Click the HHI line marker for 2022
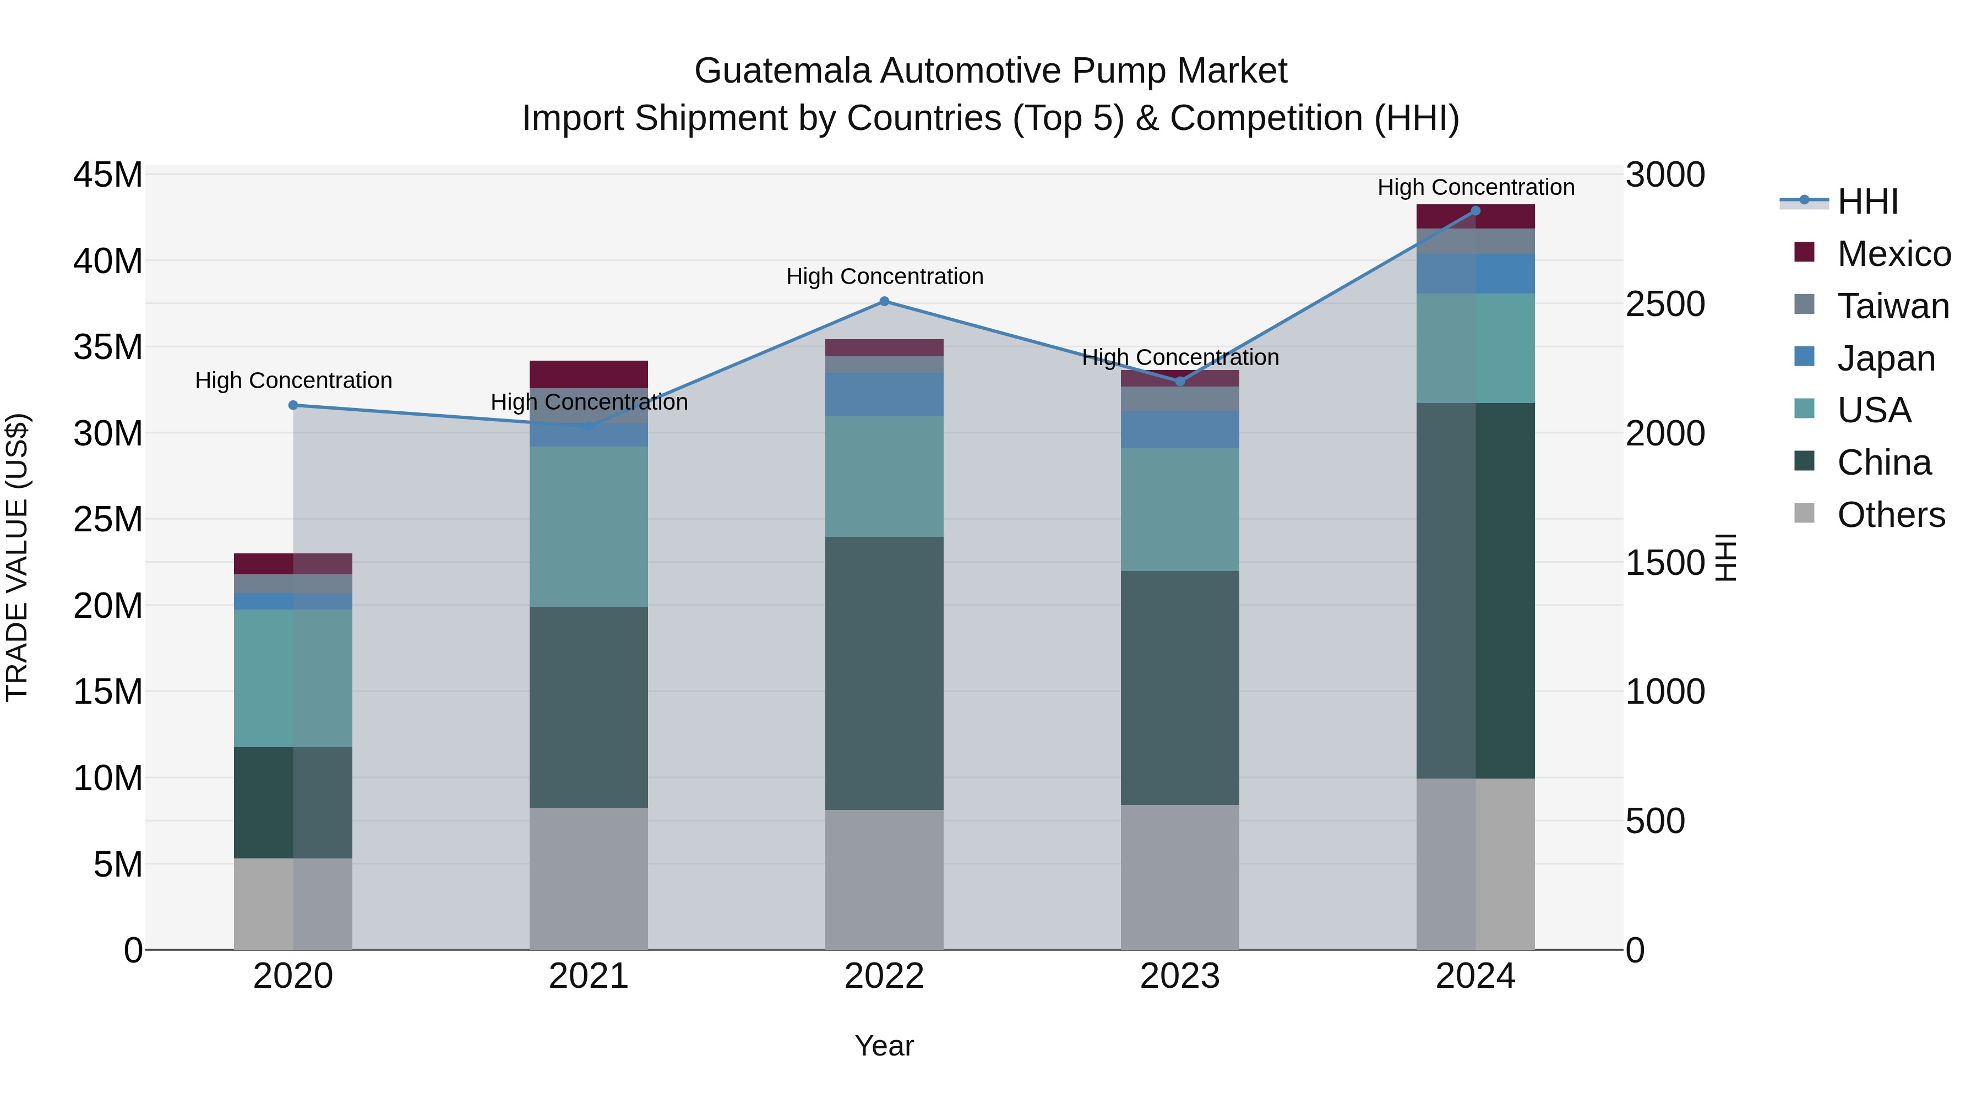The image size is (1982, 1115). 884,302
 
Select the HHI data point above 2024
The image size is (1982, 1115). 1475,211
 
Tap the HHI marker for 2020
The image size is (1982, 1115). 293,405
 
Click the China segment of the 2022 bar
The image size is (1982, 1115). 884,673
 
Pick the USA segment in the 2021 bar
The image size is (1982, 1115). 589,527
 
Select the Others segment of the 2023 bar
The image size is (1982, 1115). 1179,877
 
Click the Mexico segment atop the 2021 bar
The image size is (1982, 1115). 589,374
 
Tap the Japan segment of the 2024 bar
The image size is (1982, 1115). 1475,274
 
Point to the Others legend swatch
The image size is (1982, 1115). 1804,513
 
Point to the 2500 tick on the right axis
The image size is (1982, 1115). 1665,304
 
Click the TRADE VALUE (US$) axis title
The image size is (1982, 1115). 17,557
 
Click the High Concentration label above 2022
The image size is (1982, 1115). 884,277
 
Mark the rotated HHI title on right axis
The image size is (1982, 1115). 1726,557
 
